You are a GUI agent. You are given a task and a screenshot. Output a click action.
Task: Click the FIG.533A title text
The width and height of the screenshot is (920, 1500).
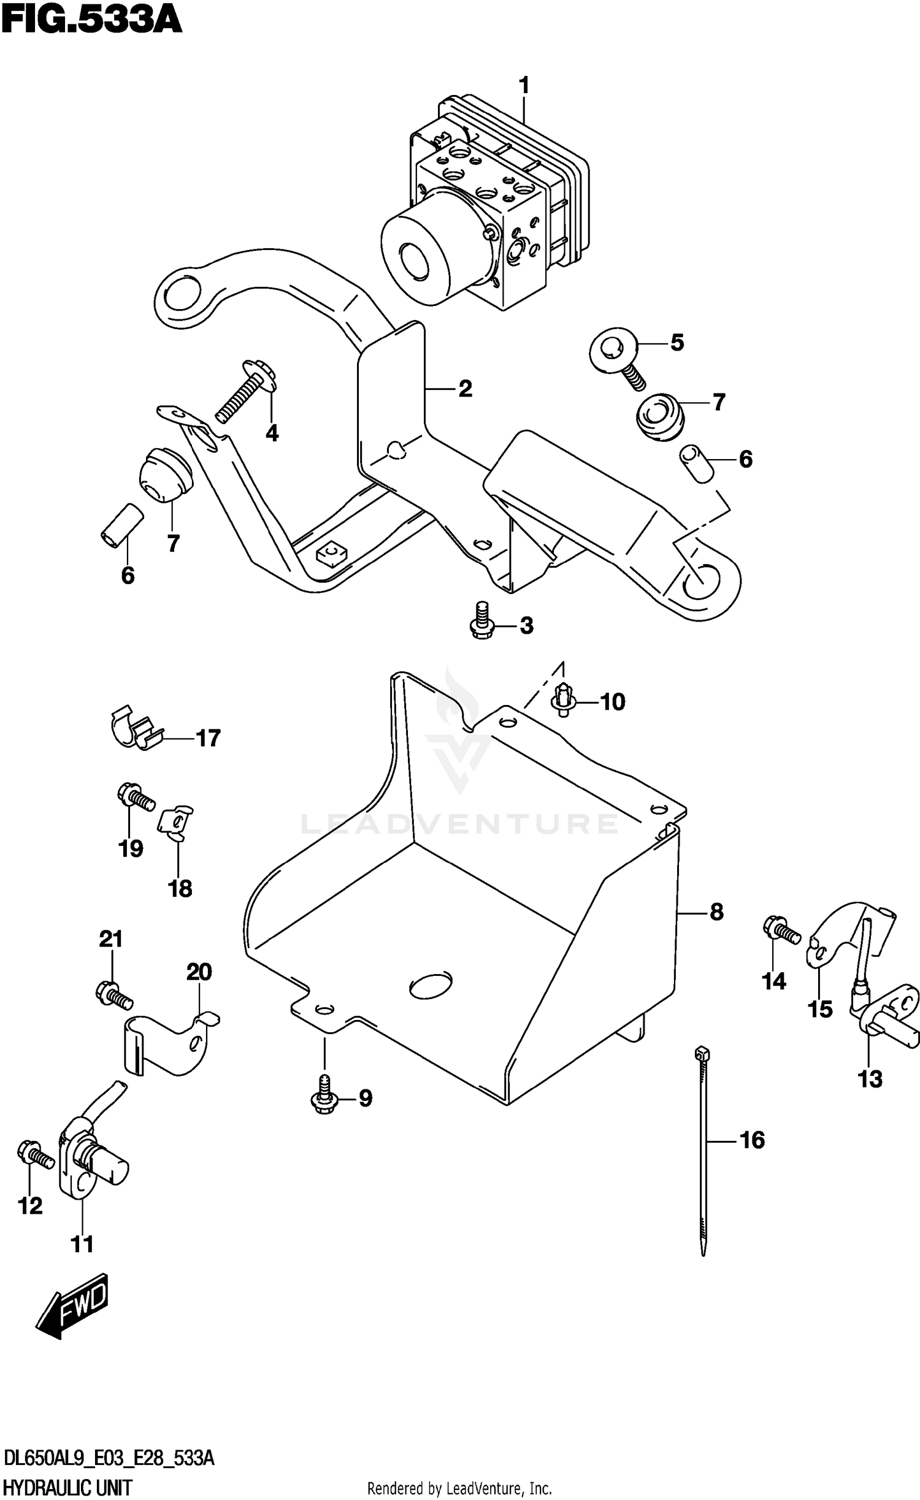coord(92,20)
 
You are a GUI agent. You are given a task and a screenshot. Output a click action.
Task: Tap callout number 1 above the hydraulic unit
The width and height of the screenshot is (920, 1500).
coord(523,85)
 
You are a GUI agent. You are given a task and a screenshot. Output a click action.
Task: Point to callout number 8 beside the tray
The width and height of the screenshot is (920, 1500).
coord(716,912)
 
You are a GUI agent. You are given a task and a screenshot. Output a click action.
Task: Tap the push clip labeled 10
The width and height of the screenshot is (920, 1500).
coord(562,699)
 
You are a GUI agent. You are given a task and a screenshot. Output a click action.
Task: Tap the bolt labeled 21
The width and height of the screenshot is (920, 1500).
coord(114,994)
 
